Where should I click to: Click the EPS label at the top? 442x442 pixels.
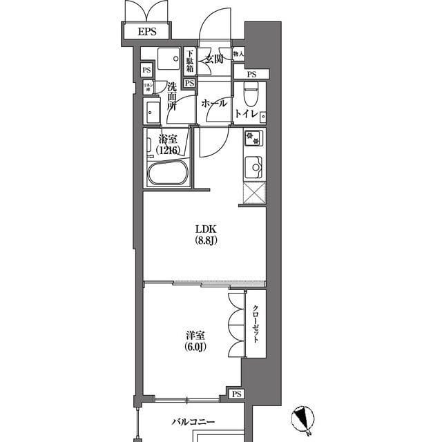146,32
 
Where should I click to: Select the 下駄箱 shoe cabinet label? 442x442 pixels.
189,61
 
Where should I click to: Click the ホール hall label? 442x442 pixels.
213,104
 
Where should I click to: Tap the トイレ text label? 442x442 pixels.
247,113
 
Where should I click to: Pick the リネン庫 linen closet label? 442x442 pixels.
147,86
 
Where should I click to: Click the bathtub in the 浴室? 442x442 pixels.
168,174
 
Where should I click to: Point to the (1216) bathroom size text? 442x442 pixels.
169,150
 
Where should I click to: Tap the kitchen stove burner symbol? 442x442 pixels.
252,138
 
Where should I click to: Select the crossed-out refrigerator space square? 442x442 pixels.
252,195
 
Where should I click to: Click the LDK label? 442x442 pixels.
205,229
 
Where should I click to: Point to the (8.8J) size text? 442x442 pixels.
205,242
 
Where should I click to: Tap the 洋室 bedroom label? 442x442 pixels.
194,334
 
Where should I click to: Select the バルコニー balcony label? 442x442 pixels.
194,421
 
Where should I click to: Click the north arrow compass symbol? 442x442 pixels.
301,417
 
